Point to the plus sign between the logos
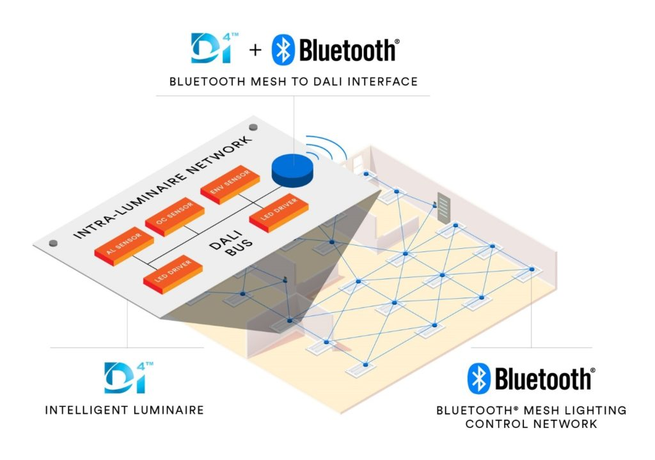coord(255,50)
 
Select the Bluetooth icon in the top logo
coord(283,50)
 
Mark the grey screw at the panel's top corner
coord(252,127)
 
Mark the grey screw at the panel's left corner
coord(54,243)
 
